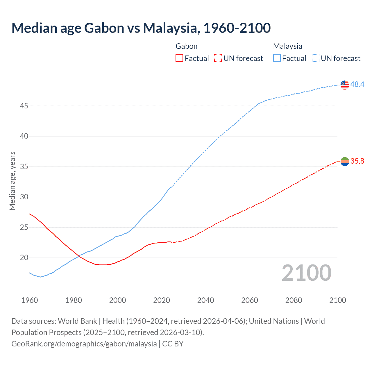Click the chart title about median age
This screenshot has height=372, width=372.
[141, 28]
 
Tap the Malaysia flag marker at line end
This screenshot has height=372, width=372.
[345, 85]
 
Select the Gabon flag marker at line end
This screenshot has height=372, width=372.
[345, 162]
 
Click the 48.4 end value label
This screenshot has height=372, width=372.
[357, 84]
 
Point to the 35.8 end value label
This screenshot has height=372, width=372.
[357, 161]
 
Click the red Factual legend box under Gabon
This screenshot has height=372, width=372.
[179, 58]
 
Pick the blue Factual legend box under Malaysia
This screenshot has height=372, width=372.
[277, 58]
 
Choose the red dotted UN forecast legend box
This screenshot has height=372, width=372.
[218, 58]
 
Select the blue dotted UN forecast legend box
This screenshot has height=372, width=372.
[315, 58]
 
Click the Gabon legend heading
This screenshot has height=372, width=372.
[187, 46]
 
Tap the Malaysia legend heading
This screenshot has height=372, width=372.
[287, 46]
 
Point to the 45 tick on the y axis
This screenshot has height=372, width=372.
[24, 106]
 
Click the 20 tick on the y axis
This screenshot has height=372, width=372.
[24, 258]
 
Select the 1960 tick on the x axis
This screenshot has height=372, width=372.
[30, 300]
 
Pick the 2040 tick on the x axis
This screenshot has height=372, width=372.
[205, 300]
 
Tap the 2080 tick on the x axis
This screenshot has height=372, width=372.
[294, 300]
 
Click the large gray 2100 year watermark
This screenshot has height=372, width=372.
[307, 273]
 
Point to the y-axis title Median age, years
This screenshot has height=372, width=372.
[12, 181]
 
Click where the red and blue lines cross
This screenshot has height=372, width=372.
[78, 256]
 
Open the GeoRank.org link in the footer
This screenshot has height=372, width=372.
[84, 344]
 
